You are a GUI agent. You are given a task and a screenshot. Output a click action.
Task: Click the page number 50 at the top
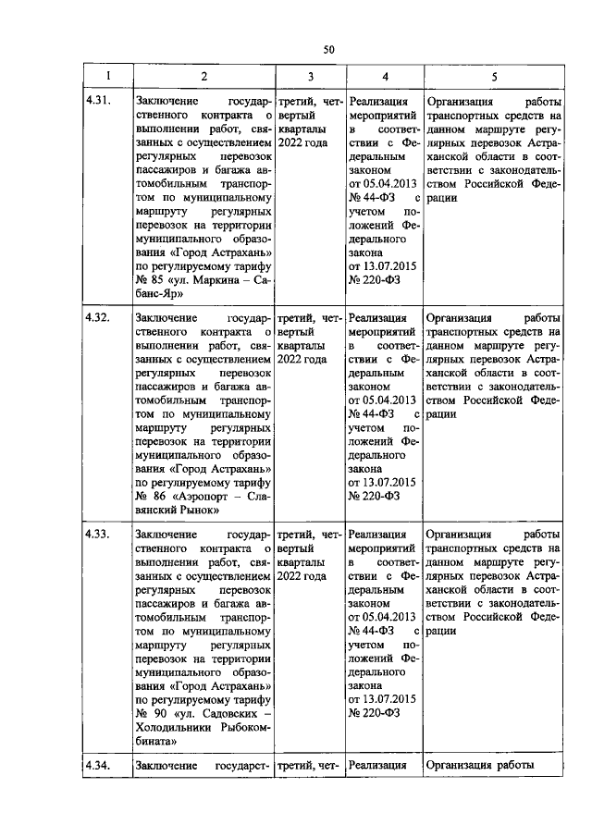(x=328, y=49)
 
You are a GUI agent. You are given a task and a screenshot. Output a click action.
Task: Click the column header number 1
(x=107, y=77)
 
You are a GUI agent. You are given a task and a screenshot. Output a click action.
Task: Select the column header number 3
(x=311, y=77)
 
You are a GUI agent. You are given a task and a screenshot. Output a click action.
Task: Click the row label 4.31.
(x=97, y=102)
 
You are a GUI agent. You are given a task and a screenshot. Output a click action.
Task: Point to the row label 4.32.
(x=97, y=317)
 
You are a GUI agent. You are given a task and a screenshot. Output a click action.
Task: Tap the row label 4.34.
(x=97, y=766)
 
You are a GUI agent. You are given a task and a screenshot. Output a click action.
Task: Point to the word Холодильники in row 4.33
(x=174, y=726)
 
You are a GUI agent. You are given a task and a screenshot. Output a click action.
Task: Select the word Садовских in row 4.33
(x=222, y=712)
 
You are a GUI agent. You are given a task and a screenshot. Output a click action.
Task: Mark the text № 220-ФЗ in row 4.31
(x=374, y=279)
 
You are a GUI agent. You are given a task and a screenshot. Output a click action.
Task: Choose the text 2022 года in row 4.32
(x=302, y=359)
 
